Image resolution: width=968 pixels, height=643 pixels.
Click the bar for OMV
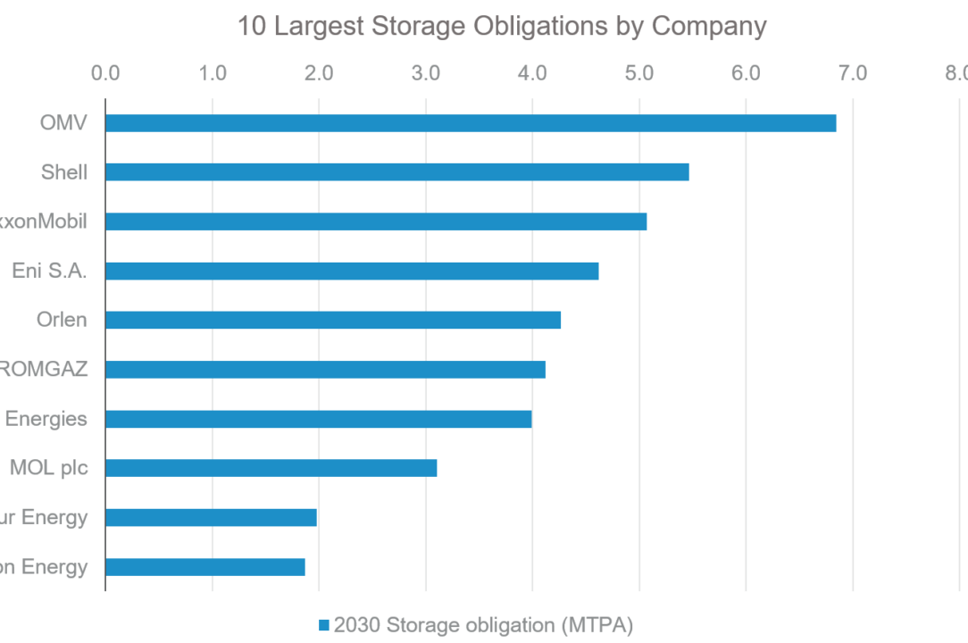click(471, 123)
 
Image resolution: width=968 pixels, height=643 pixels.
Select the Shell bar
click(397, 172)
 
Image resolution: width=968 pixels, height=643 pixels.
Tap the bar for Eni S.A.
click(352, 271)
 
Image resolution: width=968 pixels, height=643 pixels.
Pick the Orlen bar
click(333, 320)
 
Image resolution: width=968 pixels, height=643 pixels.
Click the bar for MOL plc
click(271, 468)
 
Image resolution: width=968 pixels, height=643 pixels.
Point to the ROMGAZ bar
click(325, 369)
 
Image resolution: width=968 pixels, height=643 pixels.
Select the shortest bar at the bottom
click(205, 567)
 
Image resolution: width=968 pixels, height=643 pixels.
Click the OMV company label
click(63, 123)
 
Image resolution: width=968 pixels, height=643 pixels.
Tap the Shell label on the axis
click(64, 172)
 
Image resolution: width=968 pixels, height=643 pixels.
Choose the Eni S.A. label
click(50, 271)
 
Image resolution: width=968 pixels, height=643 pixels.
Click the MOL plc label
click(49, 468)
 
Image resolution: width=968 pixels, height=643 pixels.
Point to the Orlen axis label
click(62, 320)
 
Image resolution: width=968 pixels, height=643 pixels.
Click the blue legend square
click(324, 625)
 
